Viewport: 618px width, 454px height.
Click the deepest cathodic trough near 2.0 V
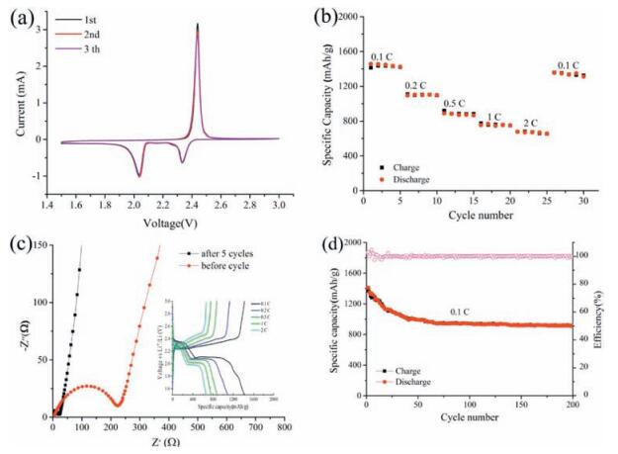click(x=138, y=176)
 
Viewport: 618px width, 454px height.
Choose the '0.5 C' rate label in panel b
click(x=454, y=102)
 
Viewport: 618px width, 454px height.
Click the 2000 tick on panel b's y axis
click(x=343, y=18)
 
